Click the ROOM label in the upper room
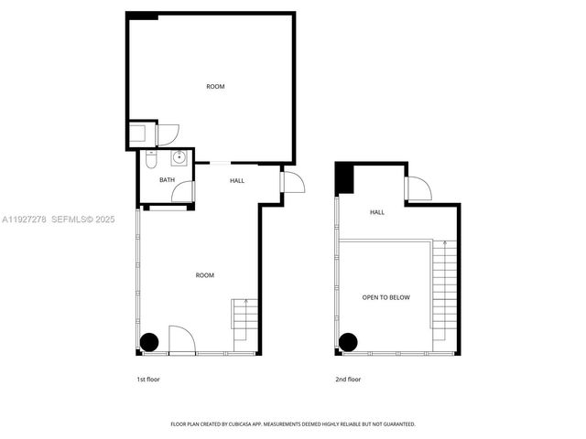pos(215,87)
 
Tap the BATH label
pos(167,180)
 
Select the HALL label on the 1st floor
pos(237,180)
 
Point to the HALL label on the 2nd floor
pos(377,212)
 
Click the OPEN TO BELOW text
pos(385,298)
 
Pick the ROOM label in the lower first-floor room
pos(205,275)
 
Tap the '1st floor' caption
pos(148,379)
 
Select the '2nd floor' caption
pos(348,379)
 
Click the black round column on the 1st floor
pos(149,342)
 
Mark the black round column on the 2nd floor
pos(348,342)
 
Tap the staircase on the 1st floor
pos(245,319)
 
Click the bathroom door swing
pos(184,192)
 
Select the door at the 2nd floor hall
pos(418,190)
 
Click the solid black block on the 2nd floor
pos(344,177)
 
